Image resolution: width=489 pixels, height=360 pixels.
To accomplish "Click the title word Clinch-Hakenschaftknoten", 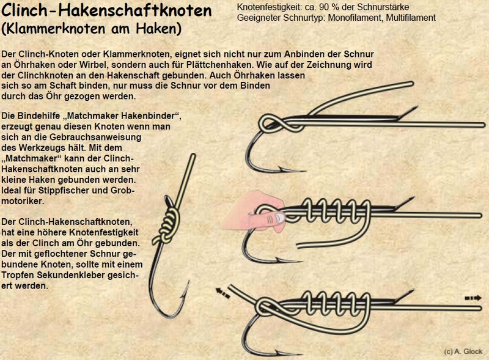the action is point(106,10).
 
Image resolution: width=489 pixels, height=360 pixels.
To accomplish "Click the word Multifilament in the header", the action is point(411,18).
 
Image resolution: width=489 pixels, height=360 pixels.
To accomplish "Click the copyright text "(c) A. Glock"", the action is point(463,351).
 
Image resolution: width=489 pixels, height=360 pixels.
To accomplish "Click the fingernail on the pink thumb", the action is point(280,218).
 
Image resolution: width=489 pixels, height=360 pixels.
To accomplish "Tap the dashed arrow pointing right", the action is point(473,298).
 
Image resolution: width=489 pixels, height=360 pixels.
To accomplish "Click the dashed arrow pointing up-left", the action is point(222,293).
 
